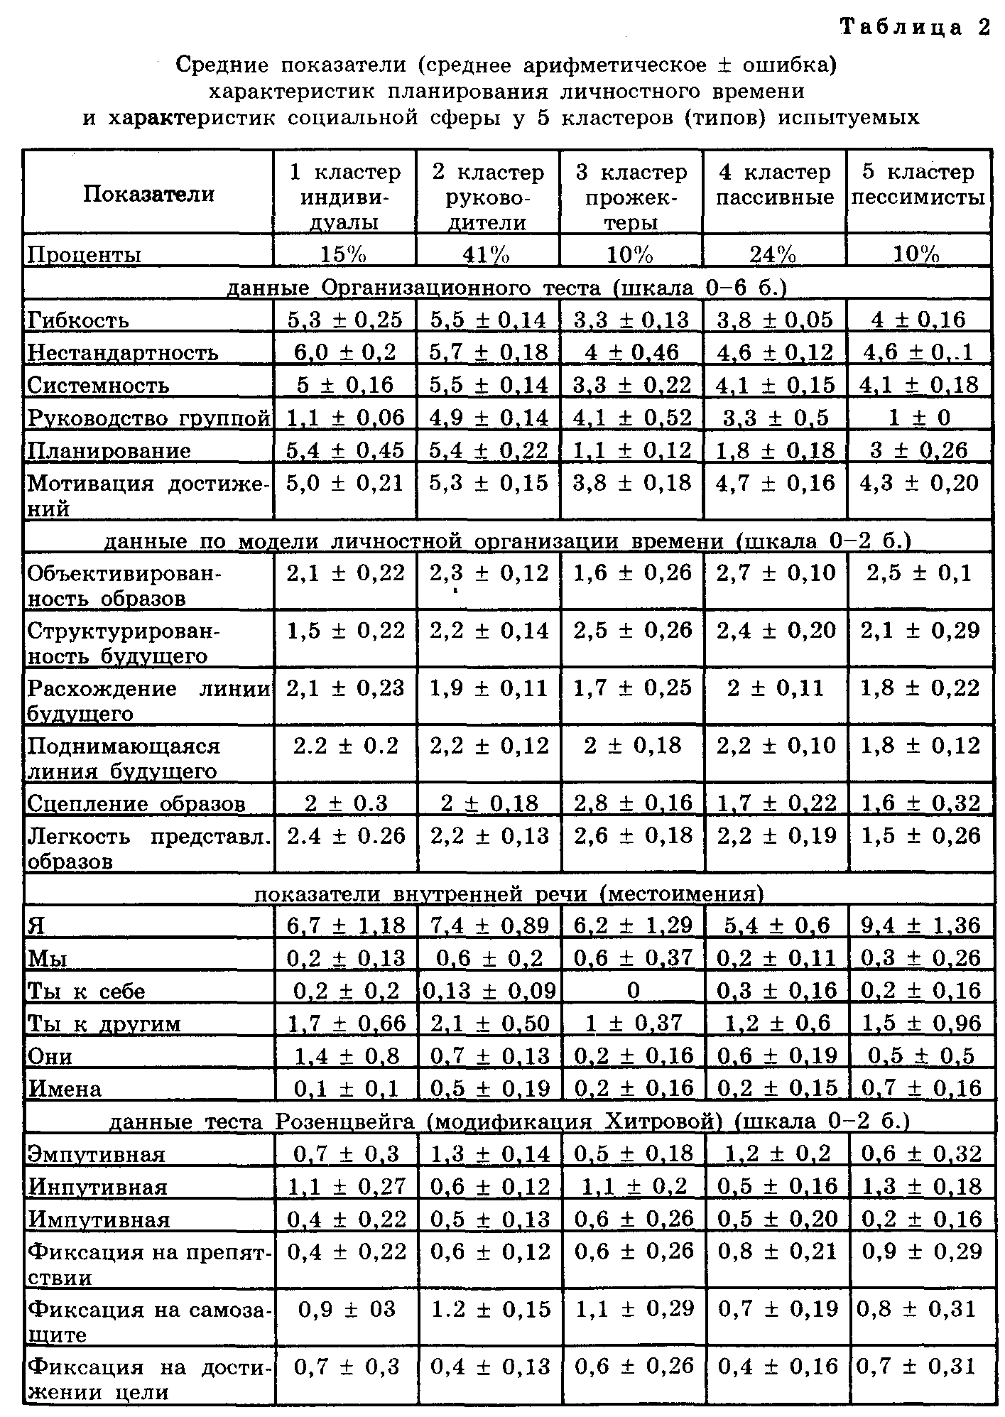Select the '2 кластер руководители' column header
click(x=488, y=197)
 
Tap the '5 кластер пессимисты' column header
click(x=918, y=185)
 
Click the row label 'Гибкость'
click(x=77, y=320)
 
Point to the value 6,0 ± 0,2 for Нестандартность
click(x=344, y=352)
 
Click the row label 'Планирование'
click(x=109, y=451)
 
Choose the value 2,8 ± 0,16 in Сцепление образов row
click(x=633, y=803)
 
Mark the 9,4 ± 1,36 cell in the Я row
click(x=920, y=925)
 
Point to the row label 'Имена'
click(x=64, y=1089)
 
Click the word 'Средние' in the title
click(x=223, y=65)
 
